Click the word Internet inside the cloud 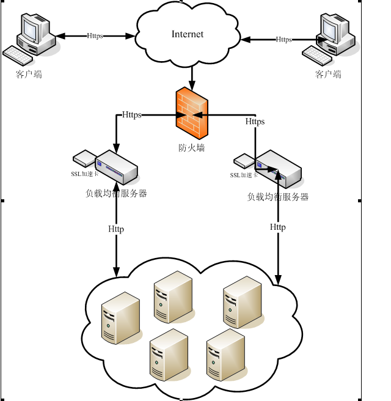click(x=187, y=34)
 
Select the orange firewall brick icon click(x=192, y=111)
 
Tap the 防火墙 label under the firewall click(x=192, y=147)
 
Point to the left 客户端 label click(x=29, y=75)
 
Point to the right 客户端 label click(x=328, y=75)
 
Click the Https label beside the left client click(x=95, y=36)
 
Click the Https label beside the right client click(x=284, y=39)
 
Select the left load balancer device click(x=116, y=167)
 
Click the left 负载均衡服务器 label click(x=116, y=194)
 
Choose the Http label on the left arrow click(x=116, y=229)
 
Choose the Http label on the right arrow click(x=278, y=227)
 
